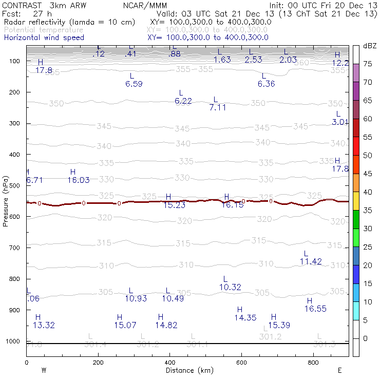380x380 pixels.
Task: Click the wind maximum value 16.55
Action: click(315, 309)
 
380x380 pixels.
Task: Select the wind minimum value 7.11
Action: click(218, 107)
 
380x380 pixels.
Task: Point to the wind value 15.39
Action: click(279, 325)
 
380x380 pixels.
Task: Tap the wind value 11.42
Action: click(311, 261)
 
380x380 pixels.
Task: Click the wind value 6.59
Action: click(134, 84)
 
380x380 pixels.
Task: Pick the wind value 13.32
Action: click(44, 325)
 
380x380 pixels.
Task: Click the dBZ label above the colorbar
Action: click(369, 46)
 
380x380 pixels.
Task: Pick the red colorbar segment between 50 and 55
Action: click(356, 146)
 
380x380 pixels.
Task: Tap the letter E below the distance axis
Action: click(339, 370)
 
